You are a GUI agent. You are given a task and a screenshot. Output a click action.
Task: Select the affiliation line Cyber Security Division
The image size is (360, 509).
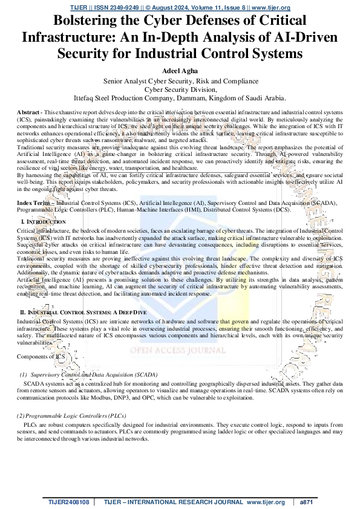tap(180, 88)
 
